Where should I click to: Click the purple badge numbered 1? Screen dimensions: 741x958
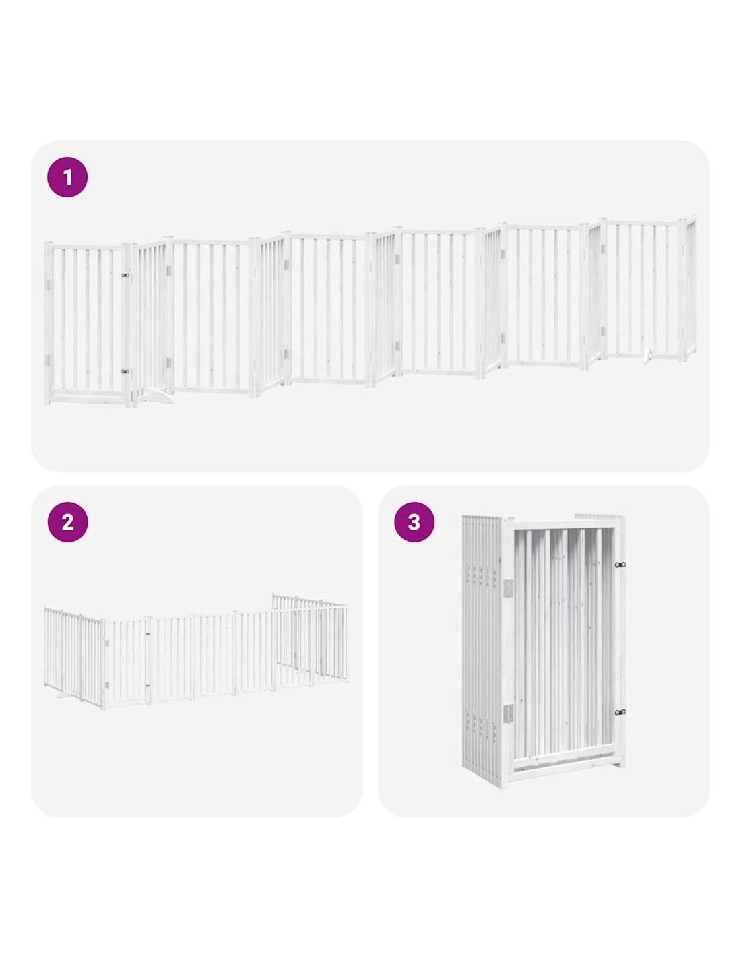pyautogui.click(x=67, y=177)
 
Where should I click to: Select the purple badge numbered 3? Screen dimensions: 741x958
pyautogui.click(x=414, y=521)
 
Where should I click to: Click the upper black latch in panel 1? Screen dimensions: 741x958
pyautogui.click(x=125, y=275)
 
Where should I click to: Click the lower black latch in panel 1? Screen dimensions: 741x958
pyautogui.click(x=125, y=372)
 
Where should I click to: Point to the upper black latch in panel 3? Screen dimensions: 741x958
pyautogui.click(x=620, y=565)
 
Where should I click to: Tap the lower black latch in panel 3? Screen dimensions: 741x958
pyautogui.click(x=620, y=712)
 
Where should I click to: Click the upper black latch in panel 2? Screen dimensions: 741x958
pyautogui.click(x=147, y=634)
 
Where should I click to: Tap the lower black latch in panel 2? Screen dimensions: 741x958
pyautogui.click(x=147, y=686)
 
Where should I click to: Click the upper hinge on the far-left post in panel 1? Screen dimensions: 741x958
pyautogui.click(x=49, y=284)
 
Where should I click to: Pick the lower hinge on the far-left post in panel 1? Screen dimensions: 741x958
pyautogui.click(x=49, y=359)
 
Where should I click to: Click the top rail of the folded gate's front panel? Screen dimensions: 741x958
pyautogui.click(x=566, y=524)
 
